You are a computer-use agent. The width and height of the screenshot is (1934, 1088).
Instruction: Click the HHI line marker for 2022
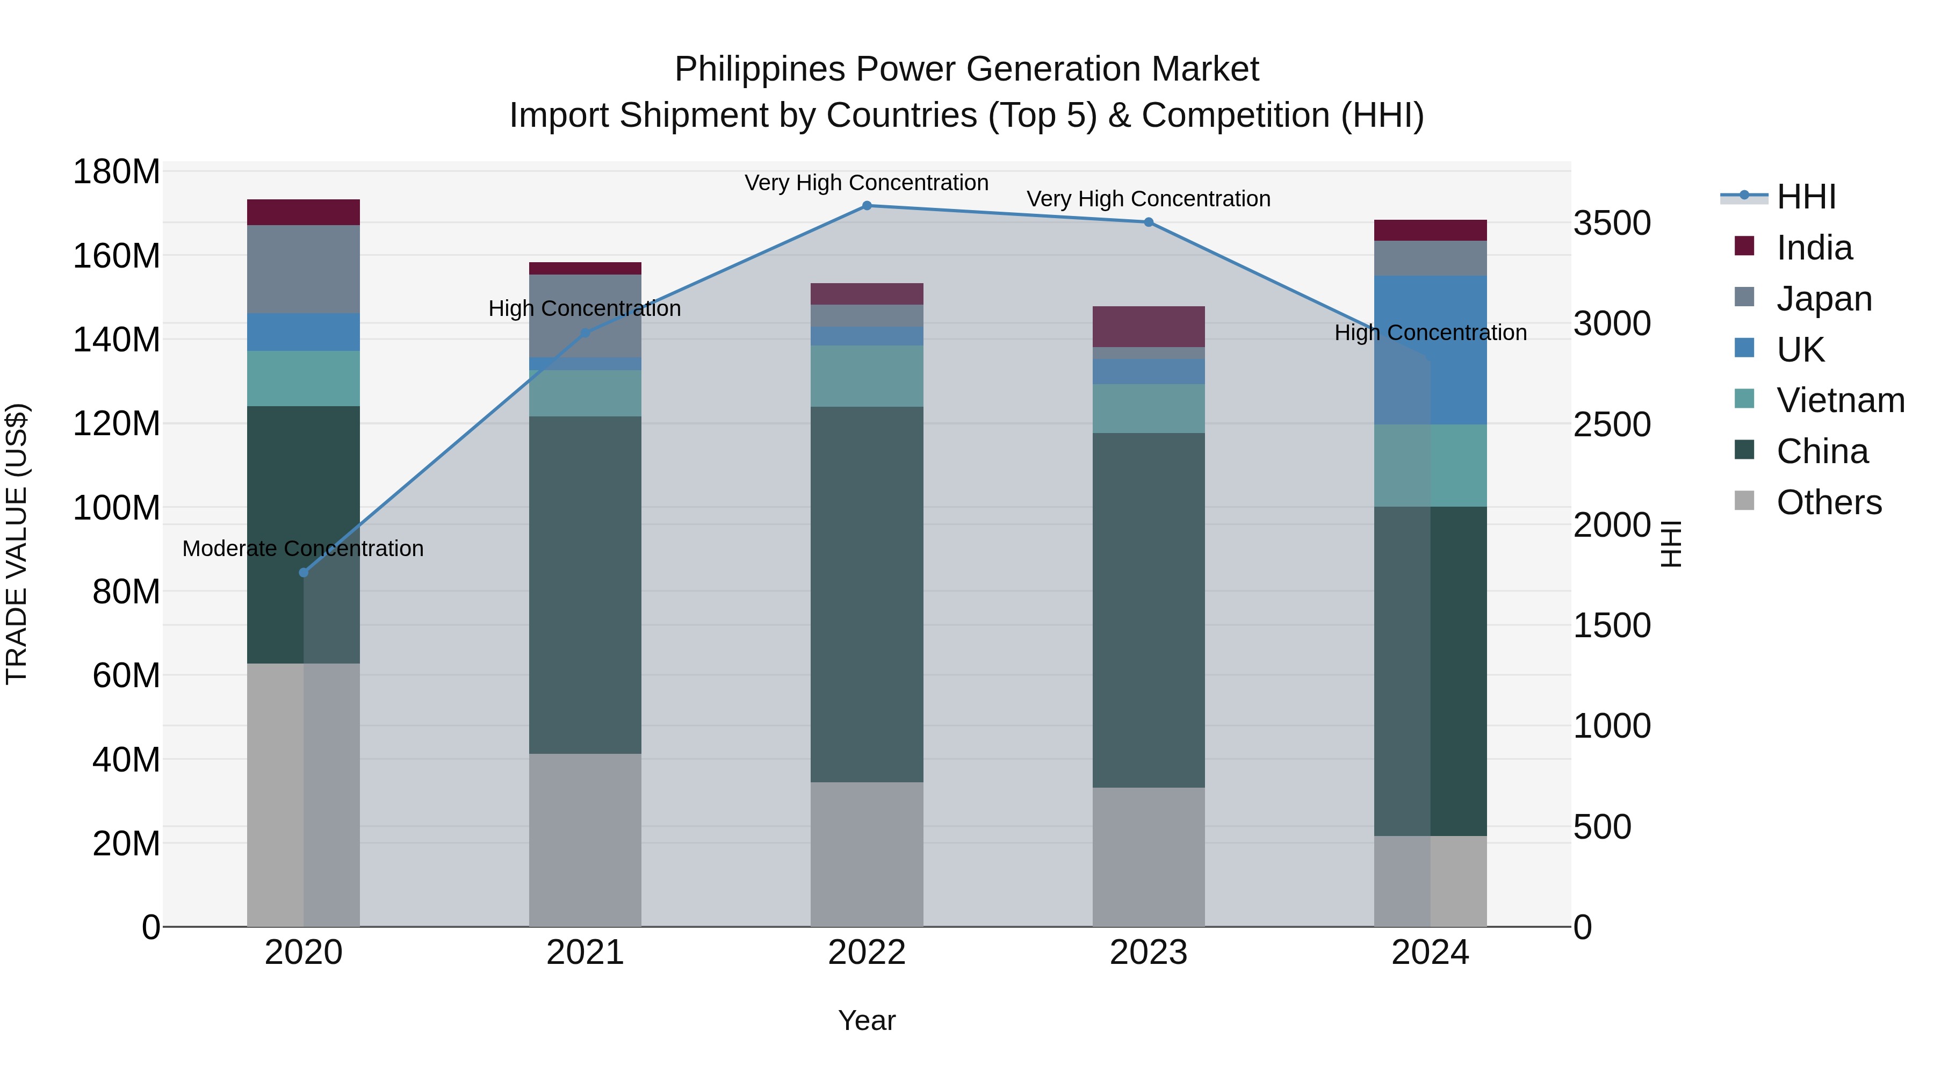(x=867, y=206)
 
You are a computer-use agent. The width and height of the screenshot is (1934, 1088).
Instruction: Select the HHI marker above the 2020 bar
(x=304, y=573)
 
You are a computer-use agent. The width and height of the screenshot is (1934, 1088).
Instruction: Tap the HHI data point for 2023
(x=1148, y=222)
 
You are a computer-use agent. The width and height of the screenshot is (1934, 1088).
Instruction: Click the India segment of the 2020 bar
(x=304, y=212)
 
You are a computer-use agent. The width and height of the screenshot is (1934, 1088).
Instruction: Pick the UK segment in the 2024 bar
(x=1430, y=350)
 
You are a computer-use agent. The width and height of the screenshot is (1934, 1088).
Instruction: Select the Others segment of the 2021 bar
(x=585, y=839)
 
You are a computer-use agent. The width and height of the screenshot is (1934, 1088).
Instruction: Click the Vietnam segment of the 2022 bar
(x=867, y=376)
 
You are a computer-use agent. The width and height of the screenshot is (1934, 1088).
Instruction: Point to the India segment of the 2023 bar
(x=1148, y=327)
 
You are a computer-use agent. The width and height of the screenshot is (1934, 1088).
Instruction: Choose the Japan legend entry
(x=1823, y=299)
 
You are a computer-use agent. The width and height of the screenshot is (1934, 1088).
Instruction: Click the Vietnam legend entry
(x=1839, y=400)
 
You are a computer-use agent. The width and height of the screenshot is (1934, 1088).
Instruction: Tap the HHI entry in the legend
(x=1806, y=197)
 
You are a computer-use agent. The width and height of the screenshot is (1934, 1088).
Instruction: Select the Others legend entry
(x=1828, y=502)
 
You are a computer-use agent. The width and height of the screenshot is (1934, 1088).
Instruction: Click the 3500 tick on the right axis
(x=1612, y=223)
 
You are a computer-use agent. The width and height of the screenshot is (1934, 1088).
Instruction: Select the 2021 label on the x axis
(x=585, y=953)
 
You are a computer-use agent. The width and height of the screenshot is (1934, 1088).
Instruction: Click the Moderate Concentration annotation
(x=304, y=549)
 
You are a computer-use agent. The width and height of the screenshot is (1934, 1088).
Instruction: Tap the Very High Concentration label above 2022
(x=867, y=183)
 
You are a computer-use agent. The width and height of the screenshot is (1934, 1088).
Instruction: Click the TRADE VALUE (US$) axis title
(x=17, y=544)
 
